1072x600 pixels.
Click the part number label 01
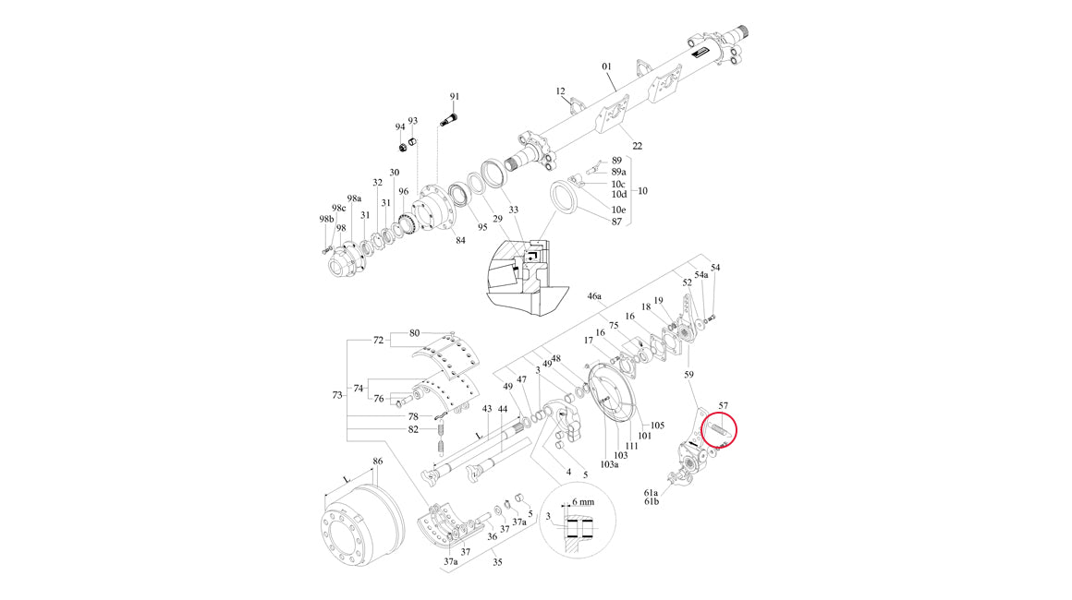[x=606, y=66]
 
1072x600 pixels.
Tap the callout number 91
[x=455, y=97]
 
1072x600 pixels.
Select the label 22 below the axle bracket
[x=637, y=146]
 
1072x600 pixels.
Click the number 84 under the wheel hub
[x=460, y=240]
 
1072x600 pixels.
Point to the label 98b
[x=327, y=219]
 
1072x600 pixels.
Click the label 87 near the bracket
[x=616, y=222]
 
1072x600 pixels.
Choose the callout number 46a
[x=595, y=296]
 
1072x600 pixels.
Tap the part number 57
[x=724, y=406]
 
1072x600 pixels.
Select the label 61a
[x=651, y=492]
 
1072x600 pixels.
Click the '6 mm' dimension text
[x=583, y=502]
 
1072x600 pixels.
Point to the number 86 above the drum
[x=377, y=462]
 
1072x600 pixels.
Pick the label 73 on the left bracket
[x=337, y=395]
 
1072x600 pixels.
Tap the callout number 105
[x=657, y=426]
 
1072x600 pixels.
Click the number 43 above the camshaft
[x=487, y=410]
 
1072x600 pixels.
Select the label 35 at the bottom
[x=498, y=562]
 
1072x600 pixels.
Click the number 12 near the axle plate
[x=561, y=91]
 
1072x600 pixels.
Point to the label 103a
[x=609, y=465]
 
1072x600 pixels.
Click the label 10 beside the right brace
[x=642, y=191]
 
